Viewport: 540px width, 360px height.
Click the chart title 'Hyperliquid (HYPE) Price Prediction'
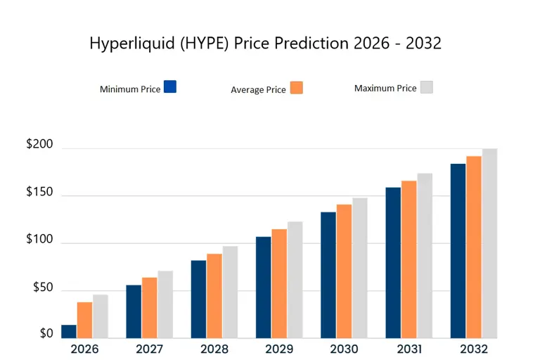(x=265, y=43)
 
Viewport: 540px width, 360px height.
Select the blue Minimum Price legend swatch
(x=169, y=87)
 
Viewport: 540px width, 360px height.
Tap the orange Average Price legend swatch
(x=296, y=88)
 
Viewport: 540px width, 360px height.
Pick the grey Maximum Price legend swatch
(x=426, y=87)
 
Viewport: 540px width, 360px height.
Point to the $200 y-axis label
(x=39, y=144)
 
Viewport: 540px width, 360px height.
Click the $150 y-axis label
(x=39, y=192)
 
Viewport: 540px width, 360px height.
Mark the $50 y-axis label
(x=42, y=287)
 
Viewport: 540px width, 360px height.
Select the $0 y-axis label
(x=46, y=333)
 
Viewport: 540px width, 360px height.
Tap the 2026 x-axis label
(x=84, y=349)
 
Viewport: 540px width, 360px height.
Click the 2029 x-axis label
(x=279, y=349)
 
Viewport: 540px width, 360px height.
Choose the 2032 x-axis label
(x=473, y=349)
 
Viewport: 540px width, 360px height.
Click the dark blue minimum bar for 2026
(x=69, y=331)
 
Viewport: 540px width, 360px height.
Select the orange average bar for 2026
(x=84, y=320)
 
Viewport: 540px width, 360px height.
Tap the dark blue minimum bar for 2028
(x=198, y=300)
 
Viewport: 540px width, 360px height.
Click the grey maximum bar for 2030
(x=360, y=268)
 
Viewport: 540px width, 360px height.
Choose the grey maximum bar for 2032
(x=489, y=243)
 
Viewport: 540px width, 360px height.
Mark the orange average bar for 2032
(x=473, y=247)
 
